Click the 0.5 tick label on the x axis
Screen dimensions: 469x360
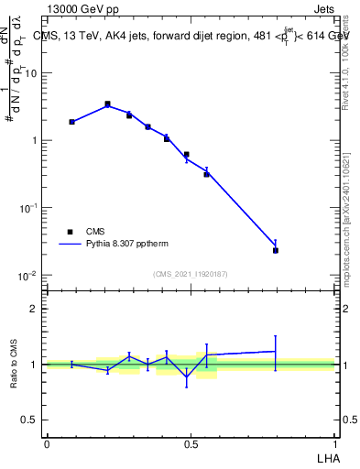(191, 443)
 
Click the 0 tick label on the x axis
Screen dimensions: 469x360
(47, 443)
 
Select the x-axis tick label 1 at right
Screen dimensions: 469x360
(335, 443)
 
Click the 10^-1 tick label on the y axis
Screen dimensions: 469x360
(30, 208)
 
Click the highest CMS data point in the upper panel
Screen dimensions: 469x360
(107, 104)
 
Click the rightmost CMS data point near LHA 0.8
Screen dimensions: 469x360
(275, 250)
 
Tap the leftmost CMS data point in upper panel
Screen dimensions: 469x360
(71, 121)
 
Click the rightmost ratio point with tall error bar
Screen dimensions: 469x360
(275, 351)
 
